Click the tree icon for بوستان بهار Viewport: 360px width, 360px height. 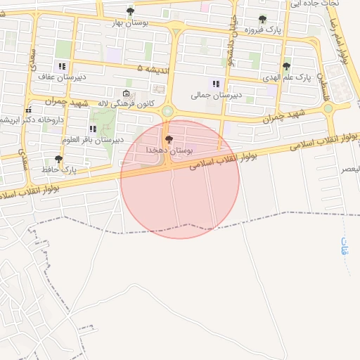coord(130,11)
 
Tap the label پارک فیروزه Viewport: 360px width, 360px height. coord(263,31)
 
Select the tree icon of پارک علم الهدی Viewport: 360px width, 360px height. coord(286,66)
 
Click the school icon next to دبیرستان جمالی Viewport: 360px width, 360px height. coord(216,84)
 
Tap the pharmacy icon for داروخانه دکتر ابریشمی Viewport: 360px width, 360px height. coord(29,110)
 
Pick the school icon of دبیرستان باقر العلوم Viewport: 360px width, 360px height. coord(93,129)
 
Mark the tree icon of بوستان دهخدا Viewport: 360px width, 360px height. coord(168,140)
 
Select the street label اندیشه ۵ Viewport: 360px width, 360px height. coord(150,68)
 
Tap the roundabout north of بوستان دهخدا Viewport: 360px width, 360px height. coord(167,111)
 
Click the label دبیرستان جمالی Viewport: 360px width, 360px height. coord(217,94)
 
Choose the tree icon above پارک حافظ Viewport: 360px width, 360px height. coord(58,159)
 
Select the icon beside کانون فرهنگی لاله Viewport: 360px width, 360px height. coord(126,94)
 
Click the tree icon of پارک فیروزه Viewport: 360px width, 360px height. coord(262,20)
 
